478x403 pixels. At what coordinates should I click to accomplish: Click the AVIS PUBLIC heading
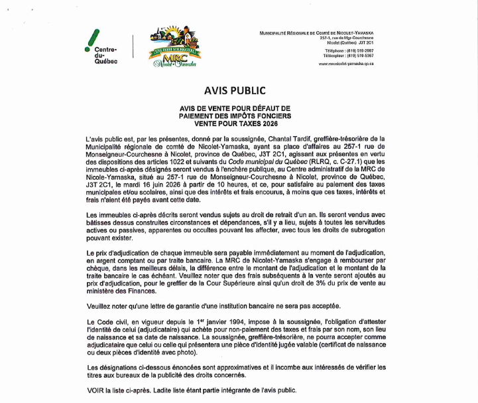tap(239, 90)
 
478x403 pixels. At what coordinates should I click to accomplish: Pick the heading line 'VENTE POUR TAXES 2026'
tap(239, 122)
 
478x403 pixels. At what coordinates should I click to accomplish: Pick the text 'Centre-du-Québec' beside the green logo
tap(105, 56)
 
